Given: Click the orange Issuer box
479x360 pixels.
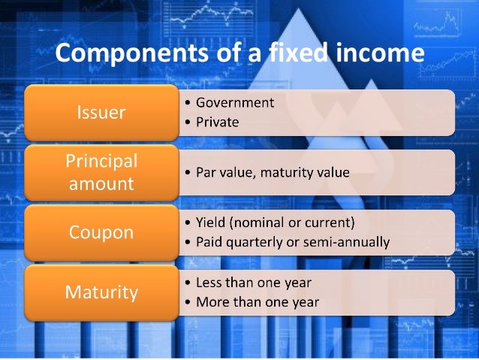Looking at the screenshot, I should coord(101,113).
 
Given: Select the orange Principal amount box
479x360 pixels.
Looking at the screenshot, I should coord(101,172).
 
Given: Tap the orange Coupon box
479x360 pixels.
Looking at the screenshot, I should coord(101,231).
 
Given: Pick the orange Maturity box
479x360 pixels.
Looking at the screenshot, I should coord(101,292).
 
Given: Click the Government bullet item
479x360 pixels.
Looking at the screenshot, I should coord(235,103).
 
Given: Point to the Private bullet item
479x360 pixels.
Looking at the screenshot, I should coord(217,122).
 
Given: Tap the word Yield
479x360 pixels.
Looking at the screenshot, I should coord(211,223).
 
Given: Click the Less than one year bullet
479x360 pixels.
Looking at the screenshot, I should coord(253,283).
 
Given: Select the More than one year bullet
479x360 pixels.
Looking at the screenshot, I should coord(258,302).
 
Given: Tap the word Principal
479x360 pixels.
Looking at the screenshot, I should coord(101,162).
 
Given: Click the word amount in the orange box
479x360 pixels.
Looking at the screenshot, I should coord(101,183).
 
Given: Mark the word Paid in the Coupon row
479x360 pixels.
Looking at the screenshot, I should coord(209,242).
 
